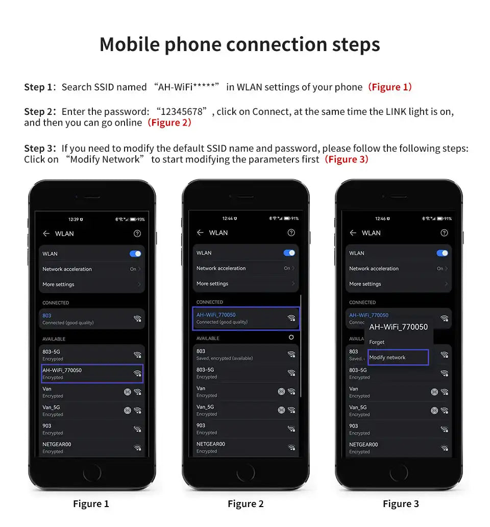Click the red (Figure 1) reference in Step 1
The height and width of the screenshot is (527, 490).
pos(390,87)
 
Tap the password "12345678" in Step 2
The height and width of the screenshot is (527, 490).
pos(182,112)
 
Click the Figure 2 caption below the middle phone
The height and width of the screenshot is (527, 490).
pos(246,504)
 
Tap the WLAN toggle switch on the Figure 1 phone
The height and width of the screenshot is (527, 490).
pos(135,254)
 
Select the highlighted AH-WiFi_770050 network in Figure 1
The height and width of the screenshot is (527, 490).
pos(92,373)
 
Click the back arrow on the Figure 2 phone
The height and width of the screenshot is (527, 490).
pos(200,232)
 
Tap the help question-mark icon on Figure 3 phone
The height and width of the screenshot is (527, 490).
pos(444,233)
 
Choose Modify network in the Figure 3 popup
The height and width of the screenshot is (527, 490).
pos(398,357)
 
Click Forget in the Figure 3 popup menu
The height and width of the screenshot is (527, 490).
pos(377,342)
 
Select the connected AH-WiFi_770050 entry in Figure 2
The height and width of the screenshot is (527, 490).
pos(246,318)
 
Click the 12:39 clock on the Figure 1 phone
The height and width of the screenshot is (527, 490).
pos(73,220)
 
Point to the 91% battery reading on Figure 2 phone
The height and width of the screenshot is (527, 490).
pos(295,219)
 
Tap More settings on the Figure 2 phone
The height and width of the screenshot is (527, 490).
pos(212,283)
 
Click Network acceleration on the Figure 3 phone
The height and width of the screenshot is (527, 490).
pos(374,269)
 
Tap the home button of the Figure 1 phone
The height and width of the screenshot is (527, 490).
pos(92,473)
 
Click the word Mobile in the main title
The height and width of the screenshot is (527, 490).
pos(130,44)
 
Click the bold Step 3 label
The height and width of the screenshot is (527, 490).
pos(40,148)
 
